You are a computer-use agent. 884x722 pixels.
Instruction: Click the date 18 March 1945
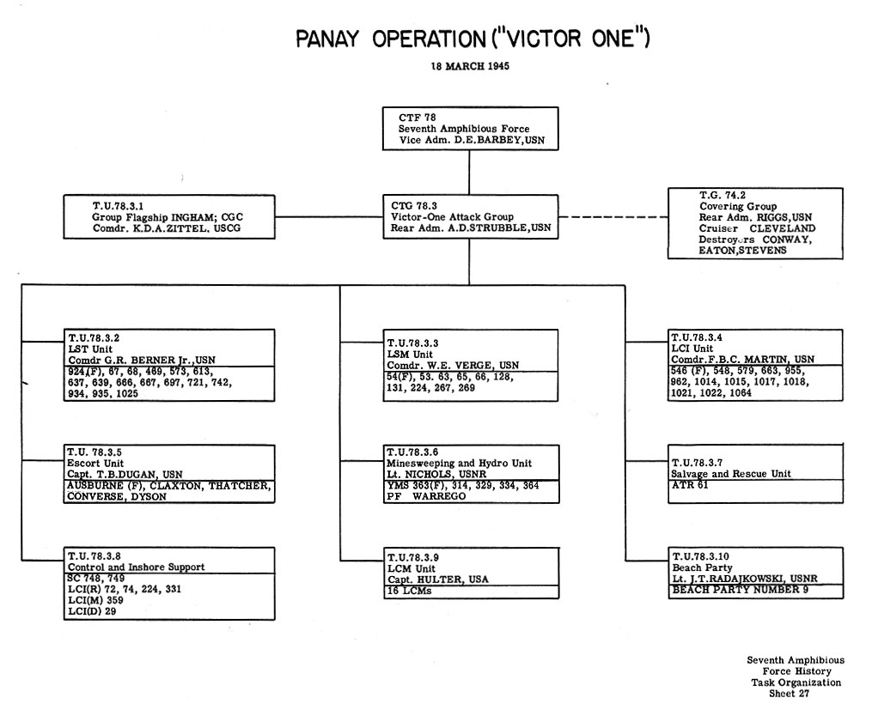470,67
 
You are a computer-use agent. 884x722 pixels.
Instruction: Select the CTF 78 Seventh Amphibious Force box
470,128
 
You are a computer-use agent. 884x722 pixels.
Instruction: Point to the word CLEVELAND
782,228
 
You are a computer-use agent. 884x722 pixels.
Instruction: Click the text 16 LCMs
410,592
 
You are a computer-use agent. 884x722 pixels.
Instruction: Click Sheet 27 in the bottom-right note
788,694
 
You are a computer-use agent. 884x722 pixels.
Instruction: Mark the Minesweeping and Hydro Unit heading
459,464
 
